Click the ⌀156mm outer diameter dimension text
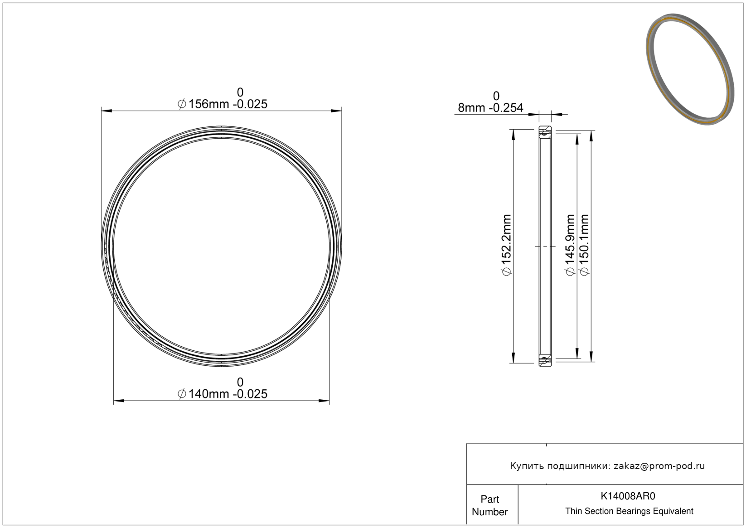click(x=223, y=104)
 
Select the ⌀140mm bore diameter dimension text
click(x=223, y=394)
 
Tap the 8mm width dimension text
click(x=490, y=107)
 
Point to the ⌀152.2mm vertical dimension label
click(x=507, y=246)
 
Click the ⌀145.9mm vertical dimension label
click(x=571, y=246)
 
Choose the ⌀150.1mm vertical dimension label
click(x=585, y=246)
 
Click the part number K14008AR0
click(x=628, y=496)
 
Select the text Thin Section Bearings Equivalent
click(x=629, y=511)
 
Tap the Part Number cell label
click(x=489, y=505)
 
